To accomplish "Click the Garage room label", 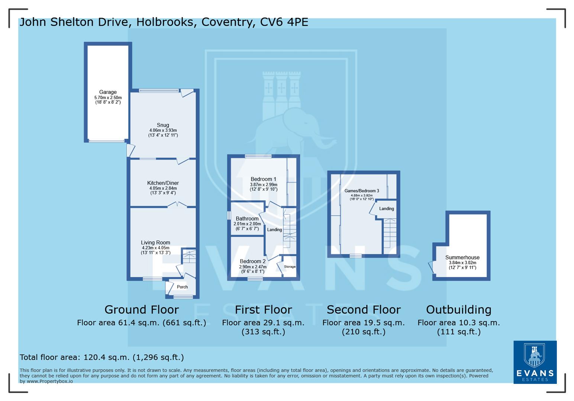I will pos(108,92).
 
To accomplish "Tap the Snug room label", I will pos(163,125).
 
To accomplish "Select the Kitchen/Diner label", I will pos(163,183).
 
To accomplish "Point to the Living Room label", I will pos(155,242).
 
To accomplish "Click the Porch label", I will pos(182,287).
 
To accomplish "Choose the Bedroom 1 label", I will pos(263,179).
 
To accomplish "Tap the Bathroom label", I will pos(247,219).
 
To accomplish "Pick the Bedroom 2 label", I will pos(253,261).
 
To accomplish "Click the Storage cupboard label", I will pos(290,267).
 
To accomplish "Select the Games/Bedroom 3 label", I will pos(362,191).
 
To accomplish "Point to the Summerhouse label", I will pos(462,257).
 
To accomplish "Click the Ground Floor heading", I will pos(142,310).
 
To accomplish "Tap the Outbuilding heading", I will pos(458,310).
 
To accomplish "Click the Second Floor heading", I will pos(364,310).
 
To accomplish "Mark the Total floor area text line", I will pos(101,357).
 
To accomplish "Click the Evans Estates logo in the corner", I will pos(535,362).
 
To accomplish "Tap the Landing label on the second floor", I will pos(386,209).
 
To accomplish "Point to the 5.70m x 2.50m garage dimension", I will pos(108,98).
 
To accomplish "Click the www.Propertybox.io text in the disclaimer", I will pos(49,381).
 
